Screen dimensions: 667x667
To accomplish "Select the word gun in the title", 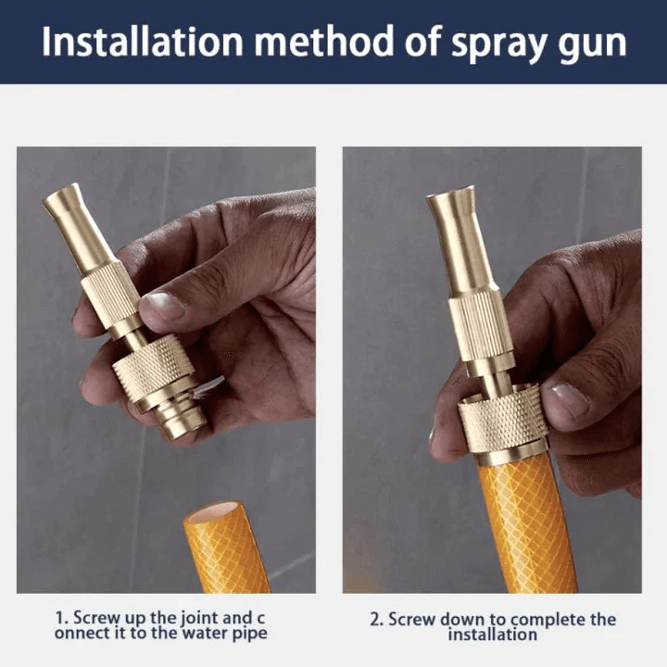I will [x=593, y=44].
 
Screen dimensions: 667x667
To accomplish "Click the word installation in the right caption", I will [x=492, y=635].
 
